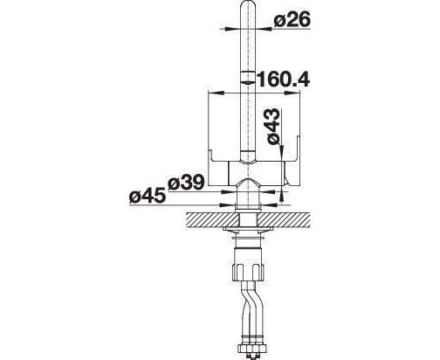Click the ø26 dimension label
point(292,20)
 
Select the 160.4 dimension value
point(283,80)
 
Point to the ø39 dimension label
point(186,183)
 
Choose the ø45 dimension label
point(148,197)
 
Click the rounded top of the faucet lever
point(249,6)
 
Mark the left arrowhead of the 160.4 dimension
point(217,93)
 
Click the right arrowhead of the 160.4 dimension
point(292,93)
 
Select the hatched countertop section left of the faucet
point(212,220)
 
